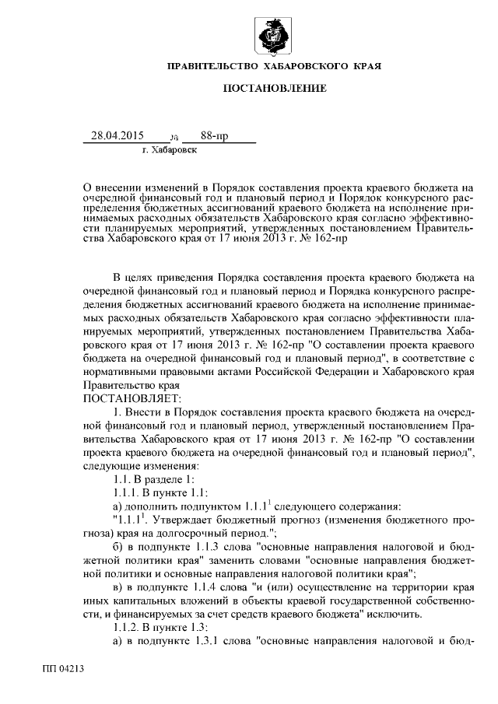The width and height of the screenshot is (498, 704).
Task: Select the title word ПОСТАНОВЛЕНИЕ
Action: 275,89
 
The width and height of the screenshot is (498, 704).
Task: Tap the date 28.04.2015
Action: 117,136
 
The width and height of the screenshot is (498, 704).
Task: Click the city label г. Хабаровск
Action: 170,150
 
